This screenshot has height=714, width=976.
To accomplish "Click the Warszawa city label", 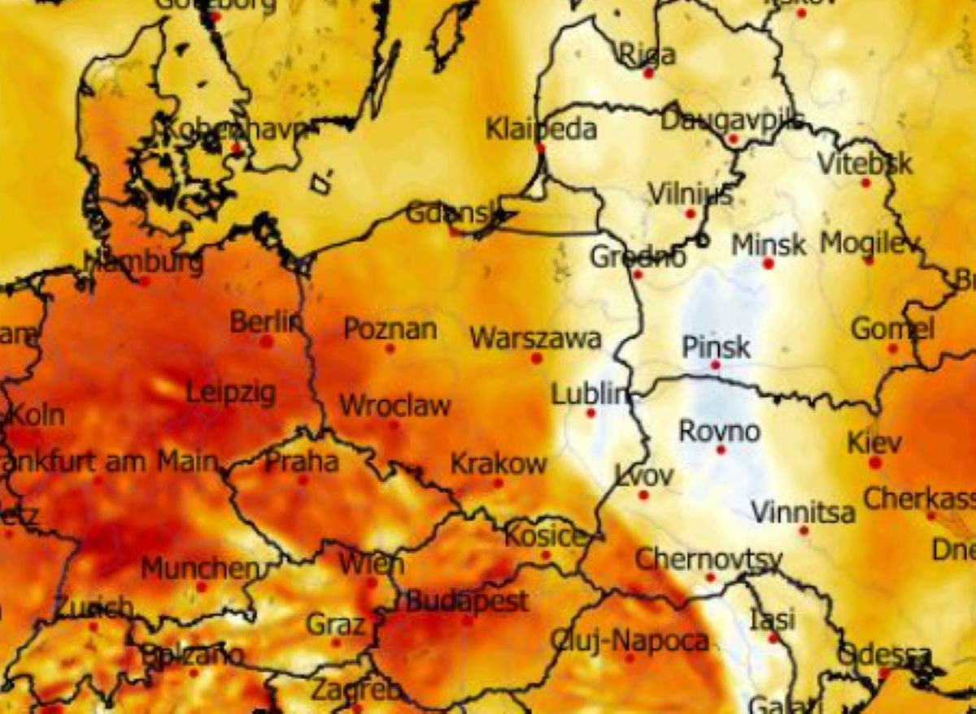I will pyautogui.click(x=535, y=338).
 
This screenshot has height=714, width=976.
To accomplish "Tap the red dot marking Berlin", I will pyautogui.click(x=266, y=342).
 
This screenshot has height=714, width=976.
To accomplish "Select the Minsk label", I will pyautogui.click(x=769, y=244).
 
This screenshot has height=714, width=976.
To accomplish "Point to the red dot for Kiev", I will pyautogui.click(x=875, y=463).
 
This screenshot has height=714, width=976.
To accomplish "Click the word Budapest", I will pyautogui.click(x=467, y=602).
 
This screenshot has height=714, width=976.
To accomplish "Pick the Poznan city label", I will pyautogui.click(x=390, y=329).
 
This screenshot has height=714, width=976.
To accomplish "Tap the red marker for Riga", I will pyautogui.click(x=648, y=73).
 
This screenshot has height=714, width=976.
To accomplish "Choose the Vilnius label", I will pyautogui.click(x=691, y=194).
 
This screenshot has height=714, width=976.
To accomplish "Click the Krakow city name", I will pyautogui.click(x=499, y=464).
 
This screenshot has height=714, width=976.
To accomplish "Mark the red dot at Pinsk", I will pyautogui.click(x=715, y=365).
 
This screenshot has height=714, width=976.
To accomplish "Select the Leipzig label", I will pyautogui.click(x=231, y=393).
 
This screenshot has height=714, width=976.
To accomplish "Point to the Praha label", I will pyautogui.click(x=302, y=462).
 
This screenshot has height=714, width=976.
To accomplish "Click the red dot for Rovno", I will pyautogui.click(x=720, y=450).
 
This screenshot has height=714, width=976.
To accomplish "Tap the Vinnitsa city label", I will pyautogui.click(x=803, y=512).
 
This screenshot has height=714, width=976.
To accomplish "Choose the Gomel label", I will pyautogui.click(x=892, y=329).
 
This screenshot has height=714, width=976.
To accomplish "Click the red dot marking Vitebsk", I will pyautogui.click(x=866, y=183).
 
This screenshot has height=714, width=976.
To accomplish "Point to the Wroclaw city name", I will pyautogui.click(x=394, y=405).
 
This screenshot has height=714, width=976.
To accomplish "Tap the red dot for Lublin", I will pyautogui.click(x=590, y=413).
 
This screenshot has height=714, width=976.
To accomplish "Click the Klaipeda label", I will pyautogui.click(x=541, y=128).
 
